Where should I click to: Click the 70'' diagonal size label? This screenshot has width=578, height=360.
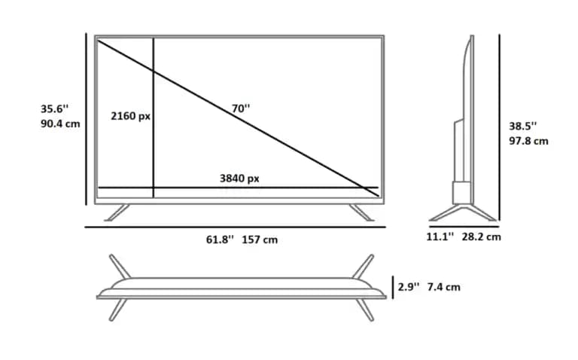241,108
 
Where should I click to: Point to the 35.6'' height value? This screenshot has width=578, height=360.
54,108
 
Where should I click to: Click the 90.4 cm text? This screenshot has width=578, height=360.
60,124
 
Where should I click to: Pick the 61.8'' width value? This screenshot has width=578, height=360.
220,239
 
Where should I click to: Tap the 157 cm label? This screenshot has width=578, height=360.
260,239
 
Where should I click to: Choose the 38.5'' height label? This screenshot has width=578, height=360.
523,126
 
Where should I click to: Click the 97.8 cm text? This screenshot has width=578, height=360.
528,141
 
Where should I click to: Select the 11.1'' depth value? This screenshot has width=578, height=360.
440,236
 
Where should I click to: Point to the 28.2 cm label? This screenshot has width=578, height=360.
482,236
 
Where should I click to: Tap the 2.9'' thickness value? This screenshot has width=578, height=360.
409,287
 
